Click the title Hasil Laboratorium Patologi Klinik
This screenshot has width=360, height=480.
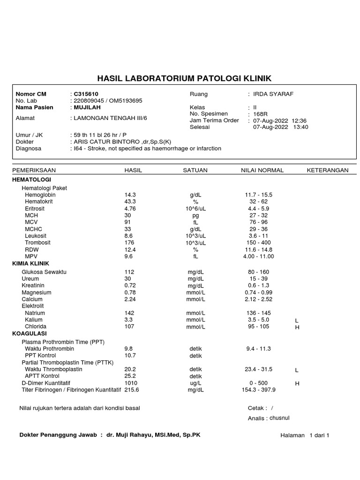coord(184,78)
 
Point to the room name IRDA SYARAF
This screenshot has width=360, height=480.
coord(273,94)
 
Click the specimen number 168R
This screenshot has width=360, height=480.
coord(260,114)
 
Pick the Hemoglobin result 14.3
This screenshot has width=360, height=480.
coord(130,195)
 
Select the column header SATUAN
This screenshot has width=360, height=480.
coord(195,170)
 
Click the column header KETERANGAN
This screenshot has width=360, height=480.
coord(327,170)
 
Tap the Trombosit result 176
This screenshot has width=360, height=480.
coord(129,243)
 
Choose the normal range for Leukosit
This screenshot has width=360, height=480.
coord(258,236)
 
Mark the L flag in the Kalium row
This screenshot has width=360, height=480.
coord(297,321)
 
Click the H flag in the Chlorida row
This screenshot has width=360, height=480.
coord(297,328)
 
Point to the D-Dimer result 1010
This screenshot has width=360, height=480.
coord(131,383)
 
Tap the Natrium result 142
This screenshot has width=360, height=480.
coord(129,313)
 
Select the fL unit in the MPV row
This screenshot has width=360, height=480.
coord(195,256)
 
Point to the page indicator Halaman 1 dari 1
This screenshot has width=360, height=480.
coord(305,435)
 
